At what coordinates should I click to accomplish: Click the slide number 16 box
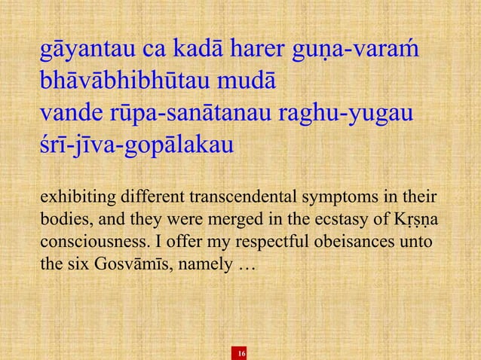click(241, 353)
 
